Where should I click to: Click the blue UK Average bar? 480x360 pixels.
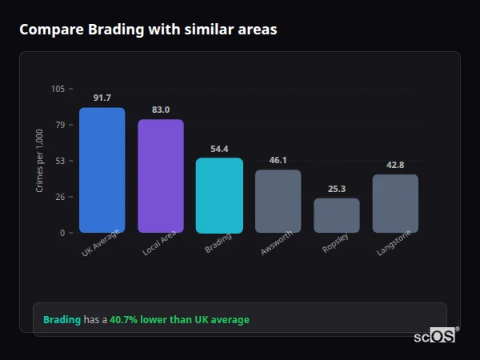(x=102, y=170)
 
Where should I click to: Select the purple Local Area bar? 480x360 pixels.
(x=161, y=176)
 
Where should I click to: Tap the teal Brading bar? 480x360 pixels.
(x=219, y=195)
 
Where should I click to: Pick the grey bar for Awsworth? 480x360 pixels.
(x=278, y=201)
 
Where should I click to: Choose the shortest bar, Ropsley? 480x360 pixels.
(x=337, y=215)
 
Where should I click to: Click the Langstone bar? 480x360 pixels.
(x=395, y=203)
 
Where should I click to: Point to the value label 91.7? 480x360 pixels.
(x=102, y=98)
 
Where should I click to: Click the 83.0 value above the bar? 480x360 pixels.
(x=161, y=110)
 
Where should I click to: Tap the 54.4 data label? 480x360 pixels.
(x=219, y=149)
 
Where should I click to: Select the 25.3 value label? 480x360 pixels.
(x=337, y=189)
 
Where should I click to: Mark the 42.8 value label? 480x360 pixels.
(x=395, y=165)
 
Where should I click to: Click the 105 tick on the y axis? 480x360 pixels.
(x=58, y=89)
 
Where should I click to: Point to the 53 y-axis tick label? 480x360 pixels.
(x=60, y=161)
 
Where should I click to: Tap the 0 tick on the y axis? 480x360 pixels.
(x=62, y=233)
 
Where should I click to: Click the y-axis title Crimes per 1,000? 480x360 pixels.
(x=40, y=161)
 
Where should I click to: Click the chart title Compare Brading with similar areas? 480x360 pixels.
(x=148, y=30)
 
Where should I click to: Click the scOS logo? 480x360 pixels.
(x=435, y=336)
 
